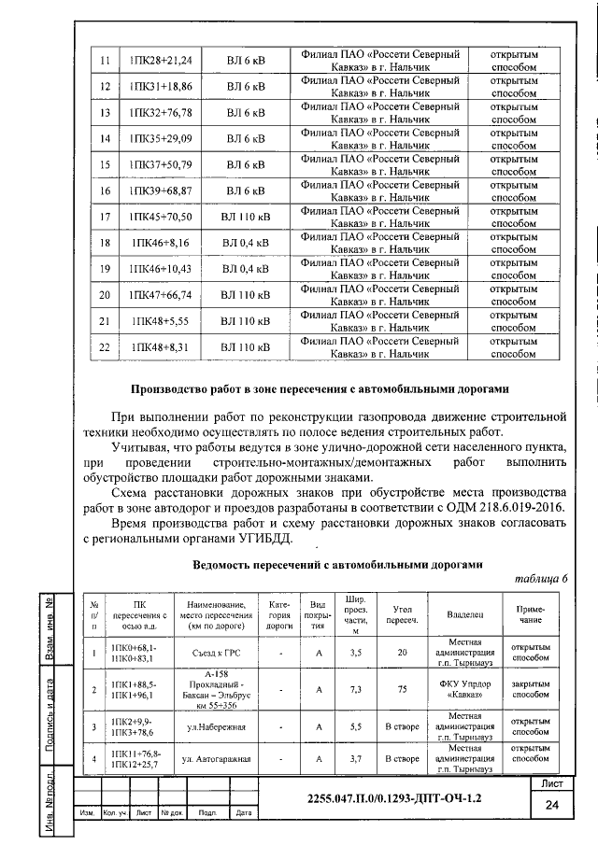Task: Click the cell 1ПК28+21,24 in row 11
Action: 161,61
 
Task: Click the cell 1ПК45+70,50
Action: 161,217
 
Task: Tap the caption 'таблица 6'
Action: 541,579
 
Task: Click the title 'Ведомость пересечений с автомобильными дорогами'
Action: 336,564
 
